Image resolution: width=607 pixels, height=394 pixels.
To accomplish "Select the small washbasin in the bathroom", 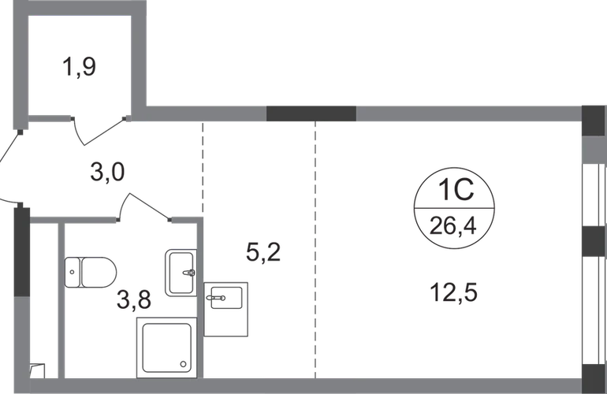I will coord(179,273).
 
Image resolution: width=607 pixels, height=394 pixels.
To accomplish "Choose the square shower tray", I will coord(166,346).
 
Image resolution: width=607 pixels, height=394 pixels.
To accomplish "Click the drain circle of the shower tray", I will coord(182,365).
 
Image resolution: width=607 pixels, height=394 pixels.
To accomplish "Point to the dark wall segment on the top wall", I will coord(311,113).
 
